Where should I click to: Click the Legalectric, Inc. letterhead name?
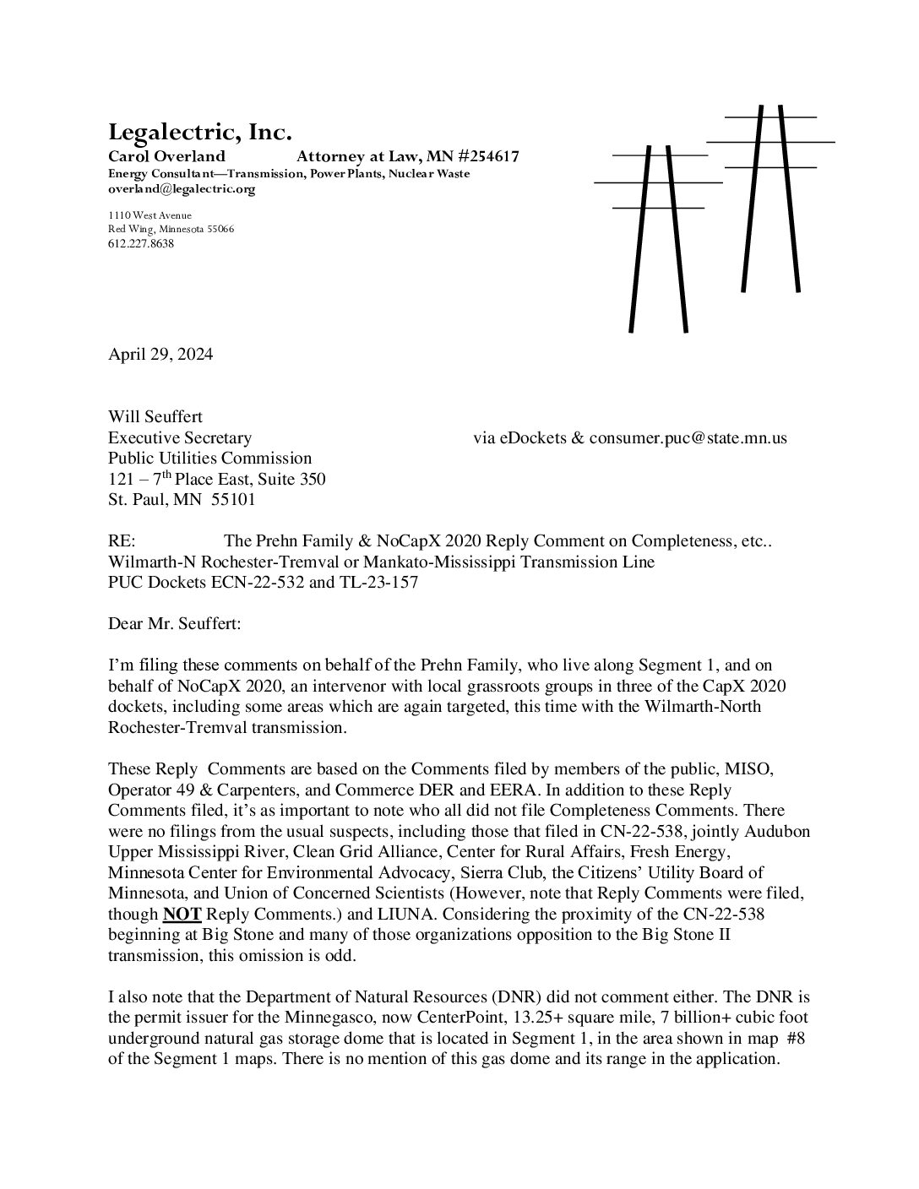(199, 133)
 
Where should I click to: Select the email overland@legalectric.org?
(181, 189)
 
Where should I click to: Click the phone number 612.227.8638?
(141, 243)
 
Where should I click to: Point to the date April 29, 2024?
(160, 354)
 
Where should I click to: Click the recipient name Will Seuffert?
(155, 416)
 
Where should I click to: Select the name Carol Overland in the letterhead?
(166, 156)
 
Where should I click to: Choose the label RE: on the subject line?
(122, 541)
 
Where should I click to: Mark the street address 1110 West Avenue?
(150, 215)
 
